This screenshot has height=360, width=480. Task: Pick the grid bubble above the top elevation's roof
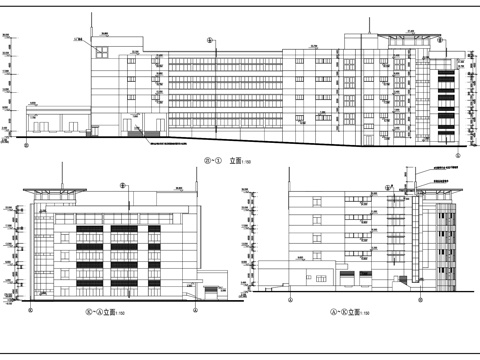(208, 40)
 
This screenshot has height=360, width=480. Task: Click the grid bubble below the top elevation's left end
(27, 143)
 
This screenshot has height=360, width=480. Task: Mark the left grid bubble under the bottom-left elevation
(29, 311)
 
